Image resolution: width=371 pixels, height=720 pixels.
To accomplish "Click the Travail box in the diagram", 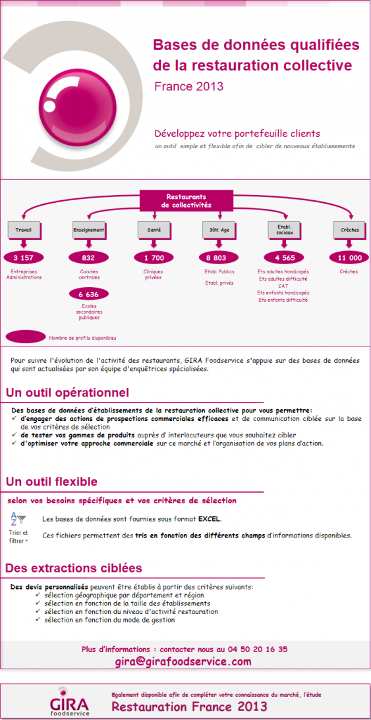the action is [x=22, y=230].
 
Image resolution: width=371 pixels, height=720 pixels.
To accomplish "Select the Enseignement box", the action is [x=88, y=230].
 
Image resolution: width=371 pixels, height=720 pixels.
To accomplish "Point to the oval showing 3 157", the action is [x=23, y=258].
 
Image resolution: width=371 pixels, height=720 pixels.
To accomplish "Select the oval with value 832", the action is [x=88, y=258].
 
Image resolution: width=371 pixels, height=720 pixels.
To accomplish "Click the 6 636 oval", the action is [x=88, y=294].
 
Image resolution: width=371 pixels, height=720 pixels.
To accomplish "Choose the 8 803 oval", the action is [x=219, y=258].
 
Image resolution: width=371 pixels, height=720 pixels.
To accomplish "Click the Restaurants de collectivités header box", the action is [x=186, y=201].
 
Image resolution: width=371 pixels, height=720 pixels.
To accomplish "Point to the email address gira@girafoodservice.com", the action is [x=183, y=661].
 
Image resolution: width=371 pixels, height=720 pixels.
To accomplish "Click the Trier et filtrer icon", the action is [x=18, y=528].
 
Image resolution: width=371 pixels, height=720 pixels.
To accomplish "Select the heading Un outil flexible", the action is [x=51, y=482].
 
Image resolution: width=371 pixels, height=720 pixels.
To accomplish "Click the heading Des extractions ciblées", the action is [x=73, y=568].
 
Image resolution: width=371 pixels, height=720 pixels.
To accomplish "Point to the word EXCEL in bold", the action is [x=210, y=519].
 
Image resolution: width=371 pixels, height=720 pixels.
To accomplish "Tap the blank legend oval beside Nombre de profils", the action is [x=25, y=337].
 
